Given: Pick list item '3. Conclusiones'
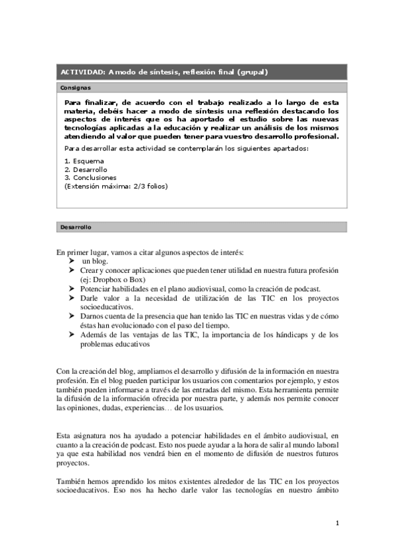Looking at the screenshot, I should (x=90, y=177).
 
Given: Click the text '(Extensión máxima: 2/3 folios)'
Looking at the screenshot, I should (x=116, y=186).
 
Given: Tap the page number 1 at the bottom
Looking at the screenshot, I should (x=336, y=523).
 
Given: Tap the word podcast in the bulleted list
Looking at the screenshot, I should (x=307, y=289).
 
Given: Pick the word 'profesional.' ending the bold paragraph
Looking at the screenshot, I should (x=316, y=136).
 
